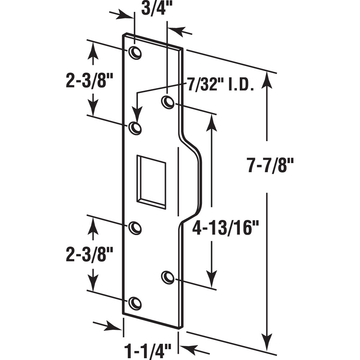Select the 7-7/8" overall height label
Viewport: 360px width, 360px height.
click(271, 166)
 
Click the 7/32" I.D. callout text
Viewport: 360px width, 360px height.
click(221, 86)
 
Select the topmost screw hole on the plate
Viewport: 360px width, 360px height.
click(135, 53)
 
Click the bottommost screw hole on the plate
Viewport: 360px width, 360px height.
click(135, 303)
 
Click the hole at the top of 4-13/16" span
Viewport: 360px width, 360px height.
click(168, 102)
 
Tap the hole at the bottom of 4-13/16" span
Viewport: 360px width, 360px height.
click(167, 277)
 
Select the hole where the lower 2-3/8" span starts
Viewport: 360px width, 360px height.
click(135, 228)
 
